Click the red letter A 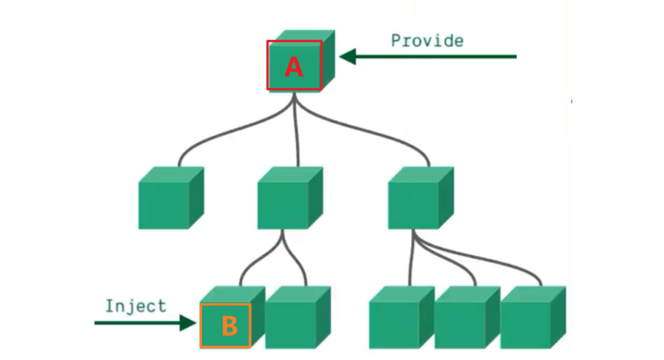(293, 67)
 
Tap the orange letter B (229, 327)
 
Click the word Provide (427, 40)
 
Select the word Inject (135, 305)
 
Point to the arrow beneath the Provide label (429, 56)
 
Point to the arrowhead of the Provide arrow (348, 56)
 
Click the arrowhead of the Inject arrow (190, 321)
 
